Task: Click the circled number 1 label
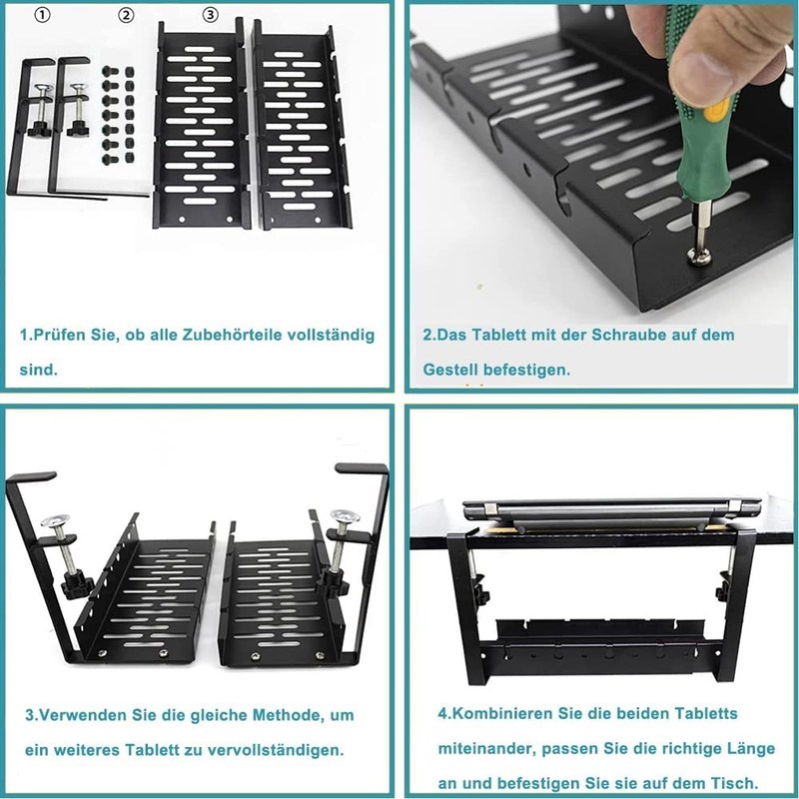(43, 15)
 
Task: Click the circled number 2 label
(127, 15)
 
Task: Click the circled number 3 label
(211, 15)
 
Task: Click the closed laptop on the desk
(611, 512)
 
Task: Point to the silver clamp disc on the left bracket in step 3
(55, 521)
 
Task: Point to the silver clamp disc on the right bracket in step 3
(345, 516)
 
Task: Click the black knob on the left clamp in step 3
(77, 587)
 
